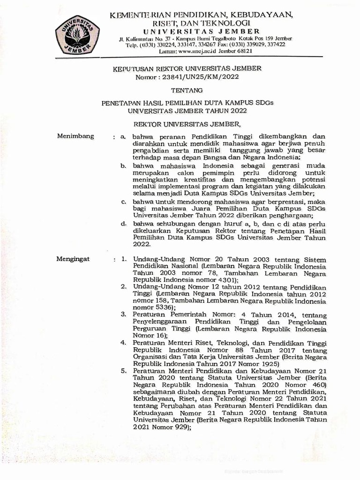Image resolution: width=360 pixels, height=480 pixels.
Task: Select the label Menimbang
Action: click(x=75, y=136)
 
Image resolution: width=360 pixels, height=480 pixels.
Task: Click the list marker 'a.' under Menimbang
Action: click(x=123, y=136)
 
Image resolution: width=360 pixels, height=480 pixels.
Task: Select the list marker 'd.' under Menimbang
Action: click(x=123, y=224)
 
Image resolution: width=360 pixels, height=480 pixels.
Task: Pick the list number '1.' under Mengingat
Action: click(x=124, y=258)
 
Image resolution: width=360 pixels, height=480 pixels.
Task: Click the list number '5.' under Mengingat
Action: click(x=124, y=370)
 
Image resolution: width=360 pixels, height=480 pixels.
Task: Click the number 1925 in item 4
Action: click(x=266, y=363)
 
